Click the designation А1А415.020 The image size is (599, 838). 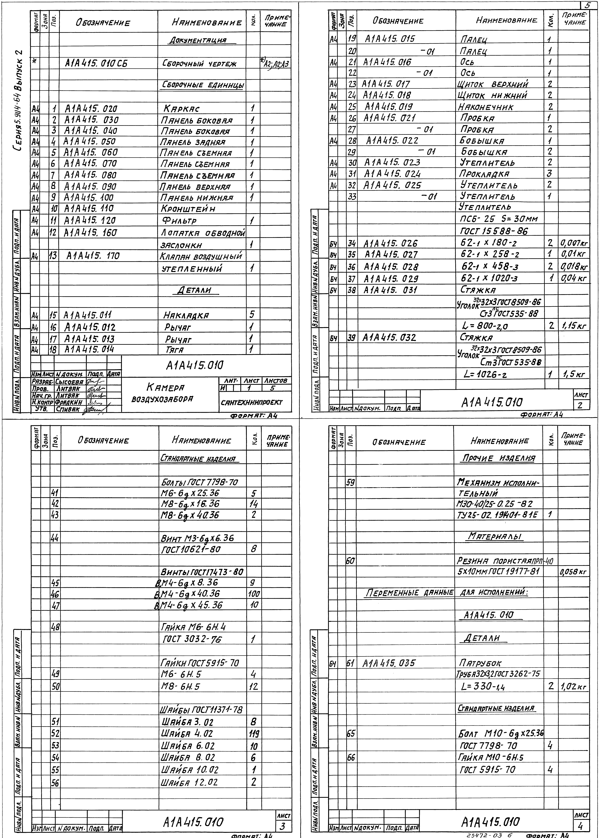(91, 109)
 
